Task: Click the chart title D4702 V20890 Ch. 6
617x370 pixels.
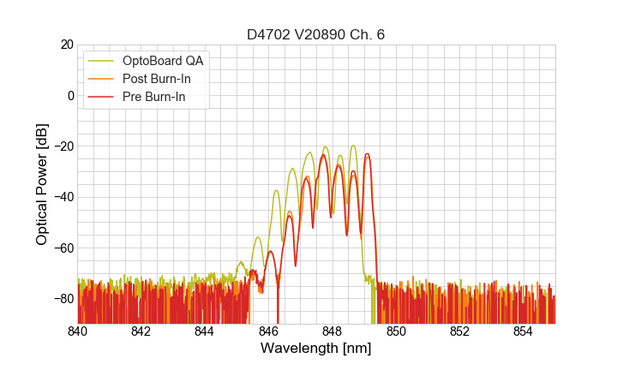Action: (x=315, y=34)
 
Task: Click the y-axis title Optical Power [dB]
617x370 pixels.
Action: (x=42, y=184)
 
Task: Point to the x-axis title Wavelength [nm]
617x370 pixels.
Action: (x=315, y=349)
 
